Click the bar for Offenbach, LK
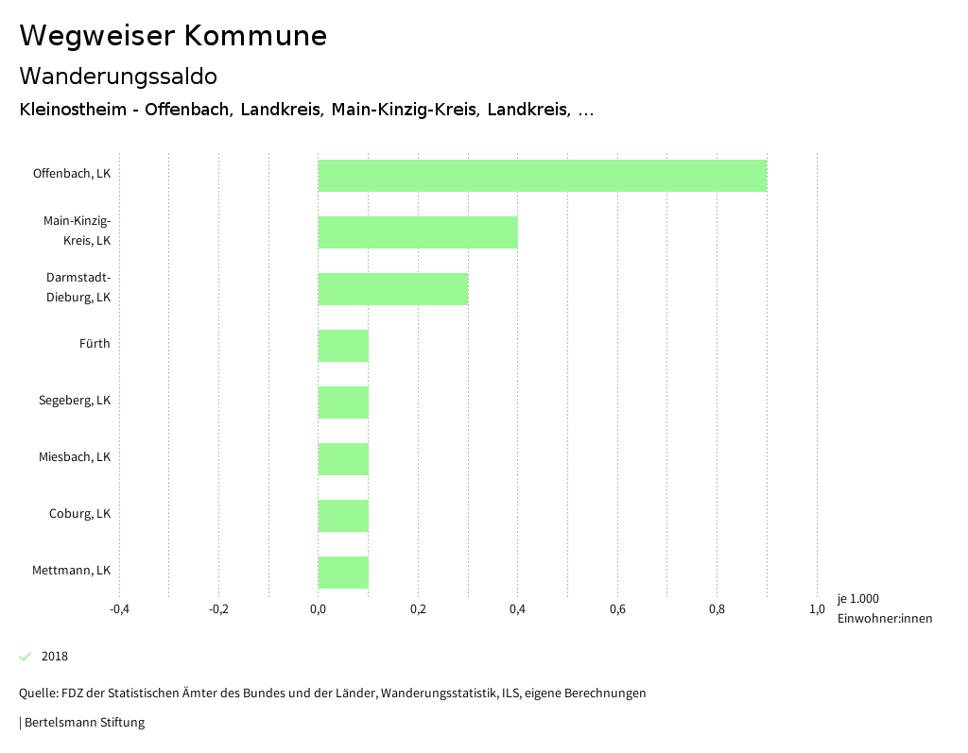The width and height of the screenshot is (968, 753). click(x=543, y=176)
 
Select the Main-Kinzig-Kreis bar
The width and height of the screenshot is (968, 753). click(x=418, y=232)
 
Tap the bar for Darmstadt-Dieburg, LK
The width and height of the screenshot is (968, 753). click(x=393, y=289)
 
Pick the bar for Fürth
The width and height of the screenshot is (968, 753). click(x=343, y=346)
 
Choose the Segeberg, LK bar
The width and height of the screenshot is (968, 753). click(x=343, y=402)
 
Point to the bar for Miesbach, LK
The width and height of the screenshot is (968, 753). click(x=343, y=459)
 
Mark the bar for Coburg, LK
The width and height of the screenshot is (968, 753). click(x=343, y=516)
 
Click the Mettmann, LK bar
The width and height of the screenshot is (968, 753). click(x=343, y=573)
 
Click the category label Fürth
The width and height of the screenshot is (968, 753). click(x=95, y=344)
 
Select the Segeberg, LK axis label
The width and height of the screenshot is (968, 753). click(x=75, y=401)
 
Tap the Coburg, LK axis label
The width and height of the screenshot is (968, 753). click(x=80, y=514)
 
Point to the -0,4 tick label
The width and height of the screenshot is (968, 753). click(x=119, y=609)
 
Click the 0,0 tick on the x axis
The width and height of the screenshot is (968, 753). click(x=319, y=609)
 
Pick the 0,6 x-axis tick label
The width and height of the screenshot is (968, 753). click(x=617, y=609)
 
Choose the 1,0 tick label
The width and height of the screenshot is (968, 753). click(x=817, y=609)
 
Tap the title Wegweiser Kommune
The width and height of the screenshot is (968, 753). click(x=173, y=36)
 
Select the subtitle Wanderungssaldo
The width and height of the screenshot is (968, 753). click(x=118, y=77)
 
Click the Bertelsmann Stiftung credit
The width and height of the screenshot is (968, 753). click(x=84, y=723)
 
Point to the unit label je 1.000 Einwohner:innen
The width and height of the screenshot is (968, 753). click(x=884, y=608)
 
